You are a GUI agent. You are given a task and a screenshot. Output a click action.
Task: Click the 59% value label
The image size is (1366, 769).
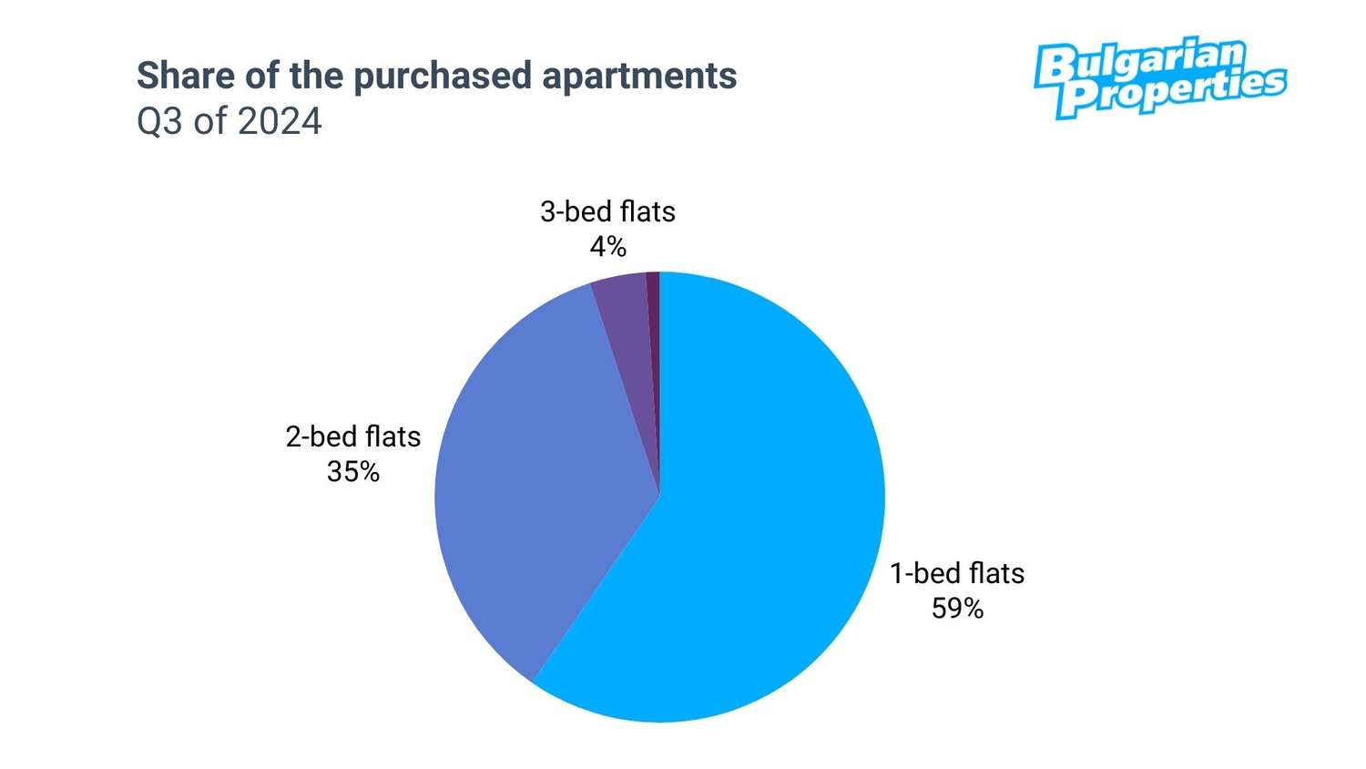957,609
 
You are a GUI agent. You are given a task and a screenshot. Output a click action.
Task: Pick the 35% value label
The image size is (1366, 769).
353,472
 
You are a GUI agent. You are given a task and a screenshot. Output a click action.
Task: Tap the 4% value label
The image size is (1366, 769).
607,247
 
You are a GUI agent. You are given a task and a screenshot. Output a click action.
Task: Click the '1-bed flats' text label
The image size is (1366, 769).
957,573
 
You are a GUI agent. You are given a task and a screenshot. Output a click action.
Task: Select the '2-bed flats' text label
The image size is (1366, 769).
353,436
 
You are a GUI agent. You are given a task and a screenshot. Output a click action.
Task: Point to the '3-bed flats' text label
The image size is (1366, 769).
607,211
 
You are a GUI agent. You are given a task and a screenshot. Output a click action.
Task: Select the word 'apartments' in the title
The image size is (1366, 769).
639,77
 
